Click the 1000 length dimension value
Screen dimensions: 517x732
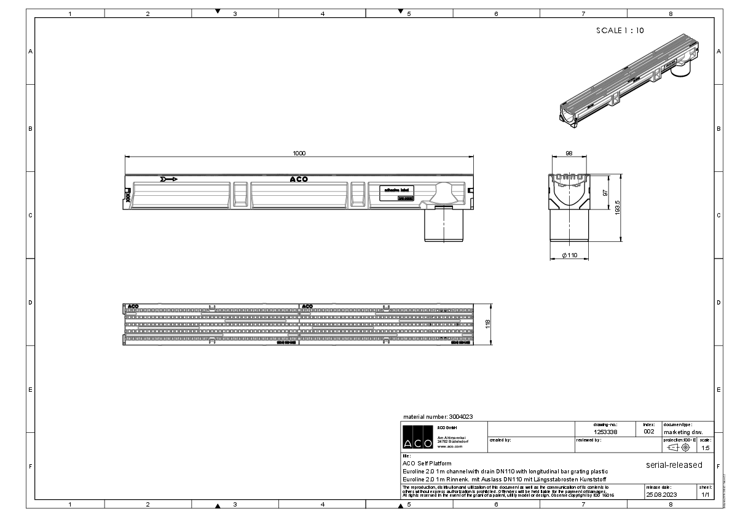299,154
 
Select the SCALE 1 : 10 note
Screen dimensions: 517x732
620,30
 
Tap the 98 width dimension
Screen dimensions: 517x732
569,153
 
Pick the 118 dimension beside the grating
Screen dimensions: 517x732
488,324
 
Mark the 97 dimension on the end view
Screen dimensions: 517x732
605,192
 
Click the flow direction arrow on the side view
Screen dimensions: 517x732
168,179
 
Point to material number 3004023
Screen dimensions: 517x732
437,416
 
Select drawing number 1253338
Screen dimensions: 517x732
605,432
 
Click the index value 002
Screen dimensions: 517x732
649,432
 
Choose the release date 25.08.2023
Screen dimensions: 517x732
661,494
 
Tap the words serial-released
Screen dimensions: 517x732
674,465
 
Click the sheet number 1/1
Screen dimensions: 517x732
705,494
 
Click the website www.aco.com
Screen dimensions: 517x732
449,446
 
